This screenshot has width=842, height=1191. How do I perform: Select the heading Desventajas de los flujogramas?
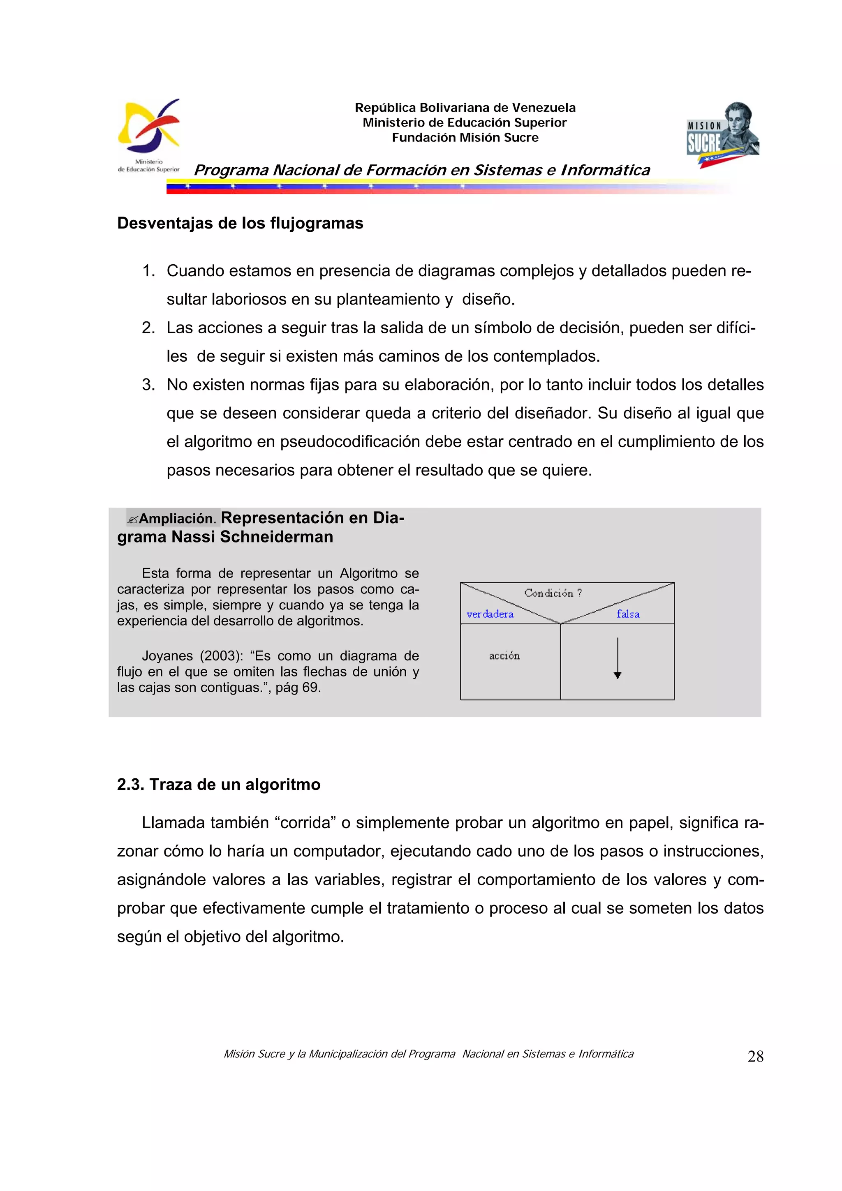tap(240, 223)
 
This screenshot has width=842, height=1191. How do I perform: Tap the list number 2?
tap(148, 328)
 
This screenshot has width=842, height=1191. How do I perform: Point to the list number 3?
tap(148, 385)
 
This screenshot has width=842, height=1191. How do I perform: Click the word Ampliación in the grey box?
tap(176, 518)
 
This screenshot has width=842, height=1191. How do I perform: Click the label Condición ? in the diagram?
tap(553, 593)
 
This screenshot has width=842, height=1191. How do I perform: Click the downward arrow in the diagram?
tap(618, 659)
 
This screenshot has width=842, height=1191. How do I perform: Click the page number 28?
tap(755, 1057)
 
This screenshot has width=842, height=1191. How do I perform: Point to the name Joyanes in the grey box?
tap(167, 656)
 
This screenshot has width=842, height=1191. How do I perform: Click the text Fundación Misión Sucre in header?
tap(465, 137)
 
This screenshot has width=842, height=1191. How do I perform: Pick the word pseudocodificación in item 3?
tap(350, 442)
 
